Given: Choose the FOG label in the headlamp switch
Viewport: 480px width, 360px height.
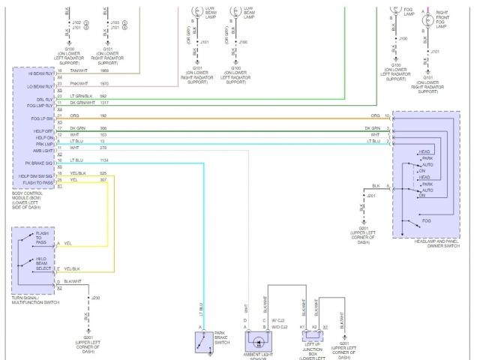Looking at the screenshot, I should point(426,221).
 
